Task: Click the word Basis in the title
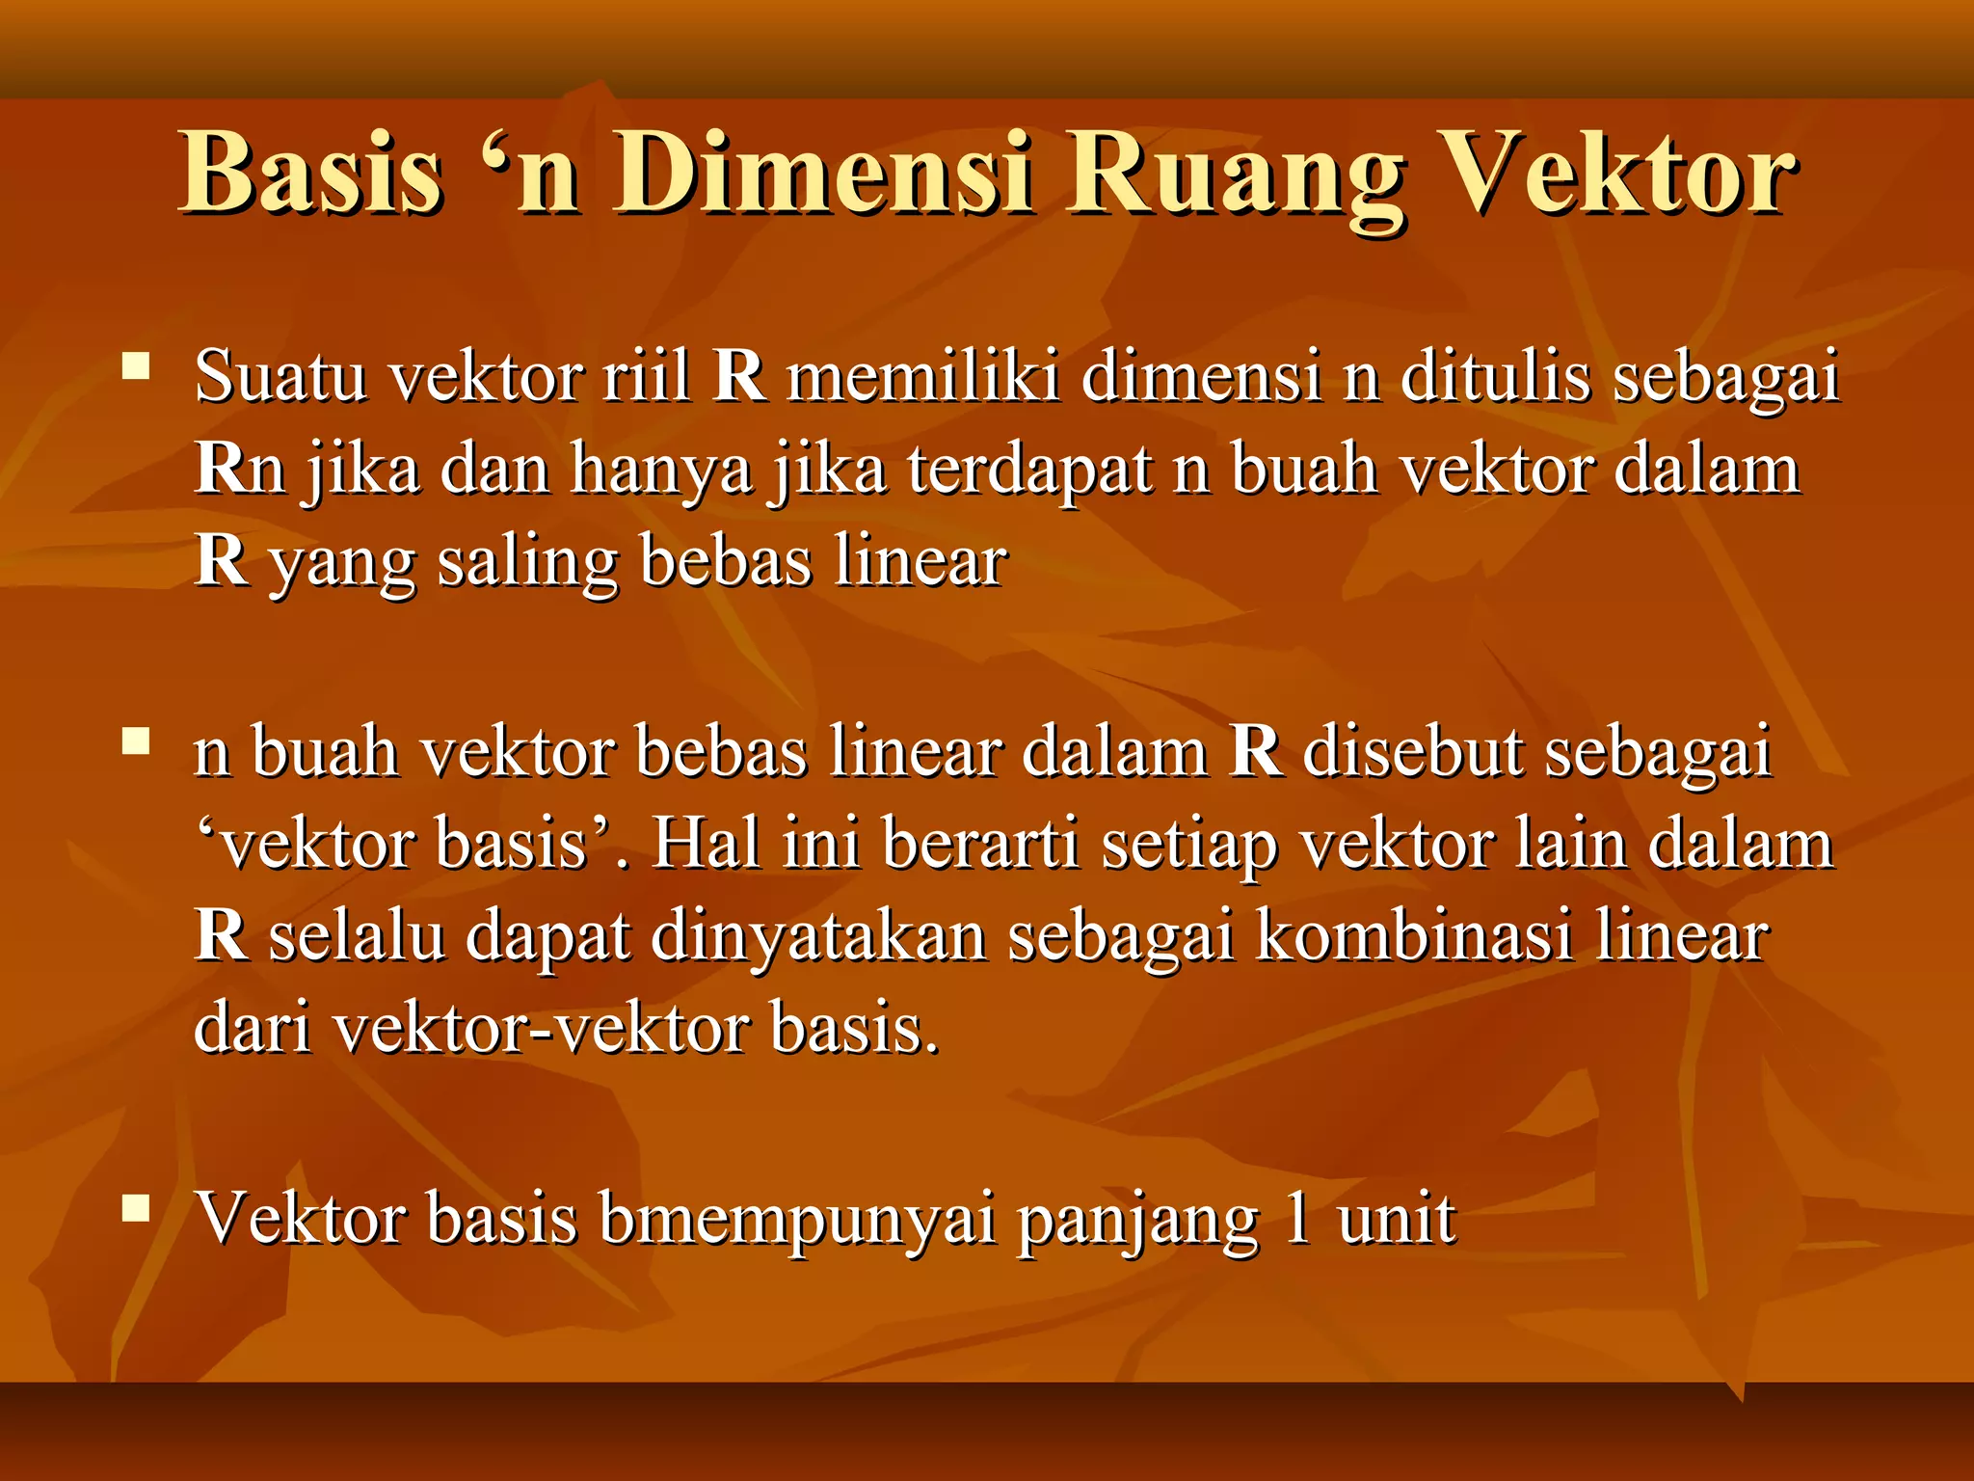[x=311, y=174]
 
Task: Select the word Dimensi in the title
[x=824, y=174]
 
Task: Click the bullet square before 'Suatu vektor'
[x=136, y=366]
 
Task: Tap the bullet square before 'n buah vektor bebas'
[x=136, y=741]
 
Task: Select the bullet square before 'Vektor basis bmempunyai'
[x=136, y=1208]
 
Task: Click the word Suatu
[x=280, y=375]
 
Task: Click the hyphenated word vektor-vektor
[x=541, y=1029]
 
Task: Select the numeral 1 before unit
[x=1297, y=1218]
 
